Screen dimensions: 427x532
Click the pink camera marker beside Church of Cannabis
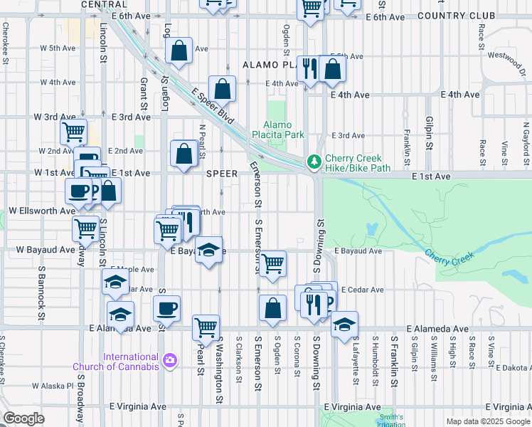pyautogui.click(x=170, y=361)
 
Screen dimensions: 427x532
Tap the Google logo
pyautogui.click(x=23, y=418)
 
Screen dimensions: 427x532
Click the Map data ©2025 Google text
pyautogui.click(x=488, y=421)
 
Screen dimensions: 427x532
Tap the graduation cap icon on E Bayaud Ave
pyautogui.click(x=208, y=250)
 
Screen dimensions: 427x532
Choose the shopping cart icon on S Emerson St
pyautogui.click(x=273, y=263)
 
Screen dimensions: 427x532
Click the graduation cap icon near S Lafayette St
pyautogui.click(x=344, y=325)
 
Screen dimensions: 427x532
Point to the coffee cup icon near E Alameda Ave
pyautogui.click(x=166, y=309)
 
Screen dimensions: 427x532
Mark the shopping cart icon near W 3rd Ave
pyautogui.click(x=74, y=132)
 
